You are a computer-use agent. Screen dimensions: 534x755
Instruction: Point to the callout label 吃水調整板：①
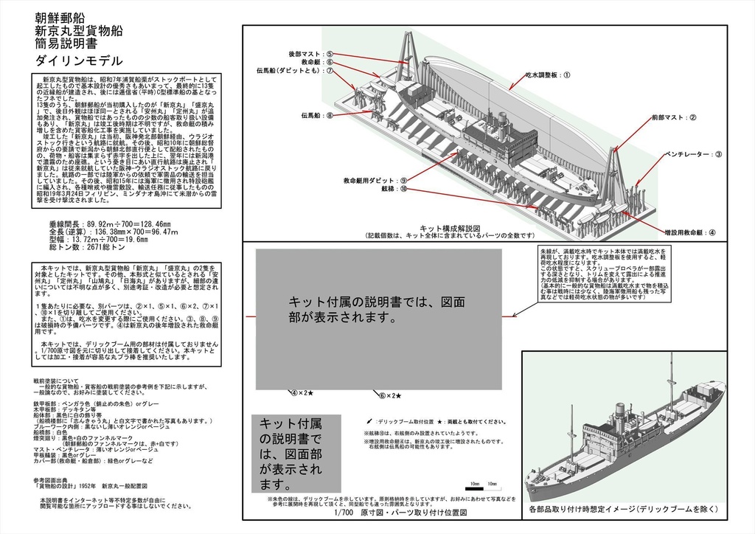pos(548,74)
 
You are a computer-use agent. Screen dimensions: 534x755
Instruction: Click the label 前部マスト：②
pos(673,118)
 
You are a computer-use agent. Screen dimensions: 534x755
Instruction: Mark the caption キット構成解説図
pos(450,228)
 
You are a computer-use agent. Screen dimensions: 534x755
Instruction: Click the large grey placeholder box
pos(379,317)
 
